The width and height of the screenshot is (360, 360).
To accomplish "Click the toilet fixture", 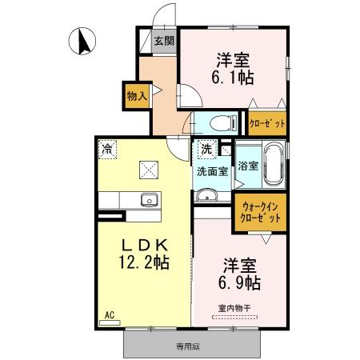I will [x=219, y=123].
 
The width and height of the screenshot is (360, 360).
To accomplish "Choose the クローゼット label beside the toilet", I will [x=266, y=124].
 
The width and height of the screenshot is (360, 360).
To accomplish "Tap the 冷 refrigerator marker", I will [x=106, y=149].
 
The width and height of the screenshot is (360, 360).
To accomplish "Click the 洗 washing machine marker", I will [x=206, y=148].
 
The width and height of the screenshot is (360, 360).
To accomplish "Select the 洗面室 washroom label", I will [x=212, y=170].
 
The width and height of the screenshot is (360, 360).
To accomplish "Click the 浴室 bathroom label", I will [x=248, y=166].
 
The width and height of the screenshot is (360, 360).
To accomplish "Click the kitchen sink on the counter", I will [x=146, y=200].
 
